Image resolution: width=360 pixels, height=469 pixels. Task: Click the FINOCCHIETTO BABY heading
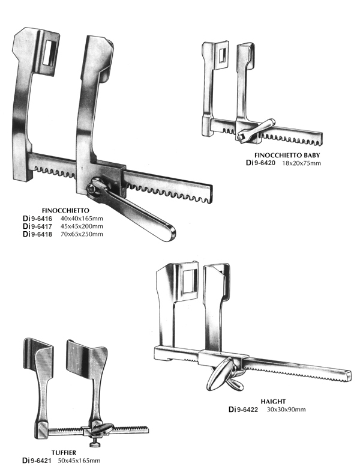click(x=287, y=156)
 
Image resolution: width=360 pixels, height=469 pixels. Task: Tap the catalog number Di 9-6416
click(x=37, y=219)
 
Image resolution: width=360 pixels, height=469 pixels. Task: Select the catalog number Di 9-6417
click(x=37, y=226)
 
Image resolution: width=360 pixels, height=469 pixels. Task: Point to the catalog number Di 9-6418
click(x=37, y=234)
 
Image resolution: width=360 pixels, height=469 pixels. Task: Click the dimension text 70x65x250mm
click(x=82, y=234)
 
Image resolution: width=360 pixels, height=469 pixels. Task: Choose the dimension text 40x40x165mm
click(x=82, y=219)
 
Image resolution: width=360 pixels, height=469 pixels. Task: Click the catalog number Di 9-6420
click(x=260, y=163)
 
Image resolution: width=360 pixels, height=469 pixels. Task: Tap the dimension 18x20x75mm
click(x=301, y=163)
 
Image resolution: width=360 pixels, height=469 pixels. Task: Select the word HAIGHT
click(x=273, y=401)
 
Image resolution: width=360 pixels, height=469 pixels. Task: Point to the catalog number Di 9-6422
click(x=243, y=409)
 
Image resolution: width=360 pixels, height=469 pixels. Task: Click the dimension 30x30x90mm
click(x=286, y=409)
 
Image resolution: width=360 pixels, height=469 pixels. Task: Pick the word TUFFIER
click(x=64, y=453)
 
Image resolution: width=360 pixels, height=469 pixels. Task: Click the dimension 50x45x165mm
click(x=79, y=461)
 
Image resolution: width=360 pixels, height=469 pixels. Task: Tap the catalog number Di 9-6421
click(x=37, y=461)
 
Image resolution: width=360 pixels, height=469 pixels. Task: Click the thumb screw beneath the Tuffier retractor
click(x=94, y=443)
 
